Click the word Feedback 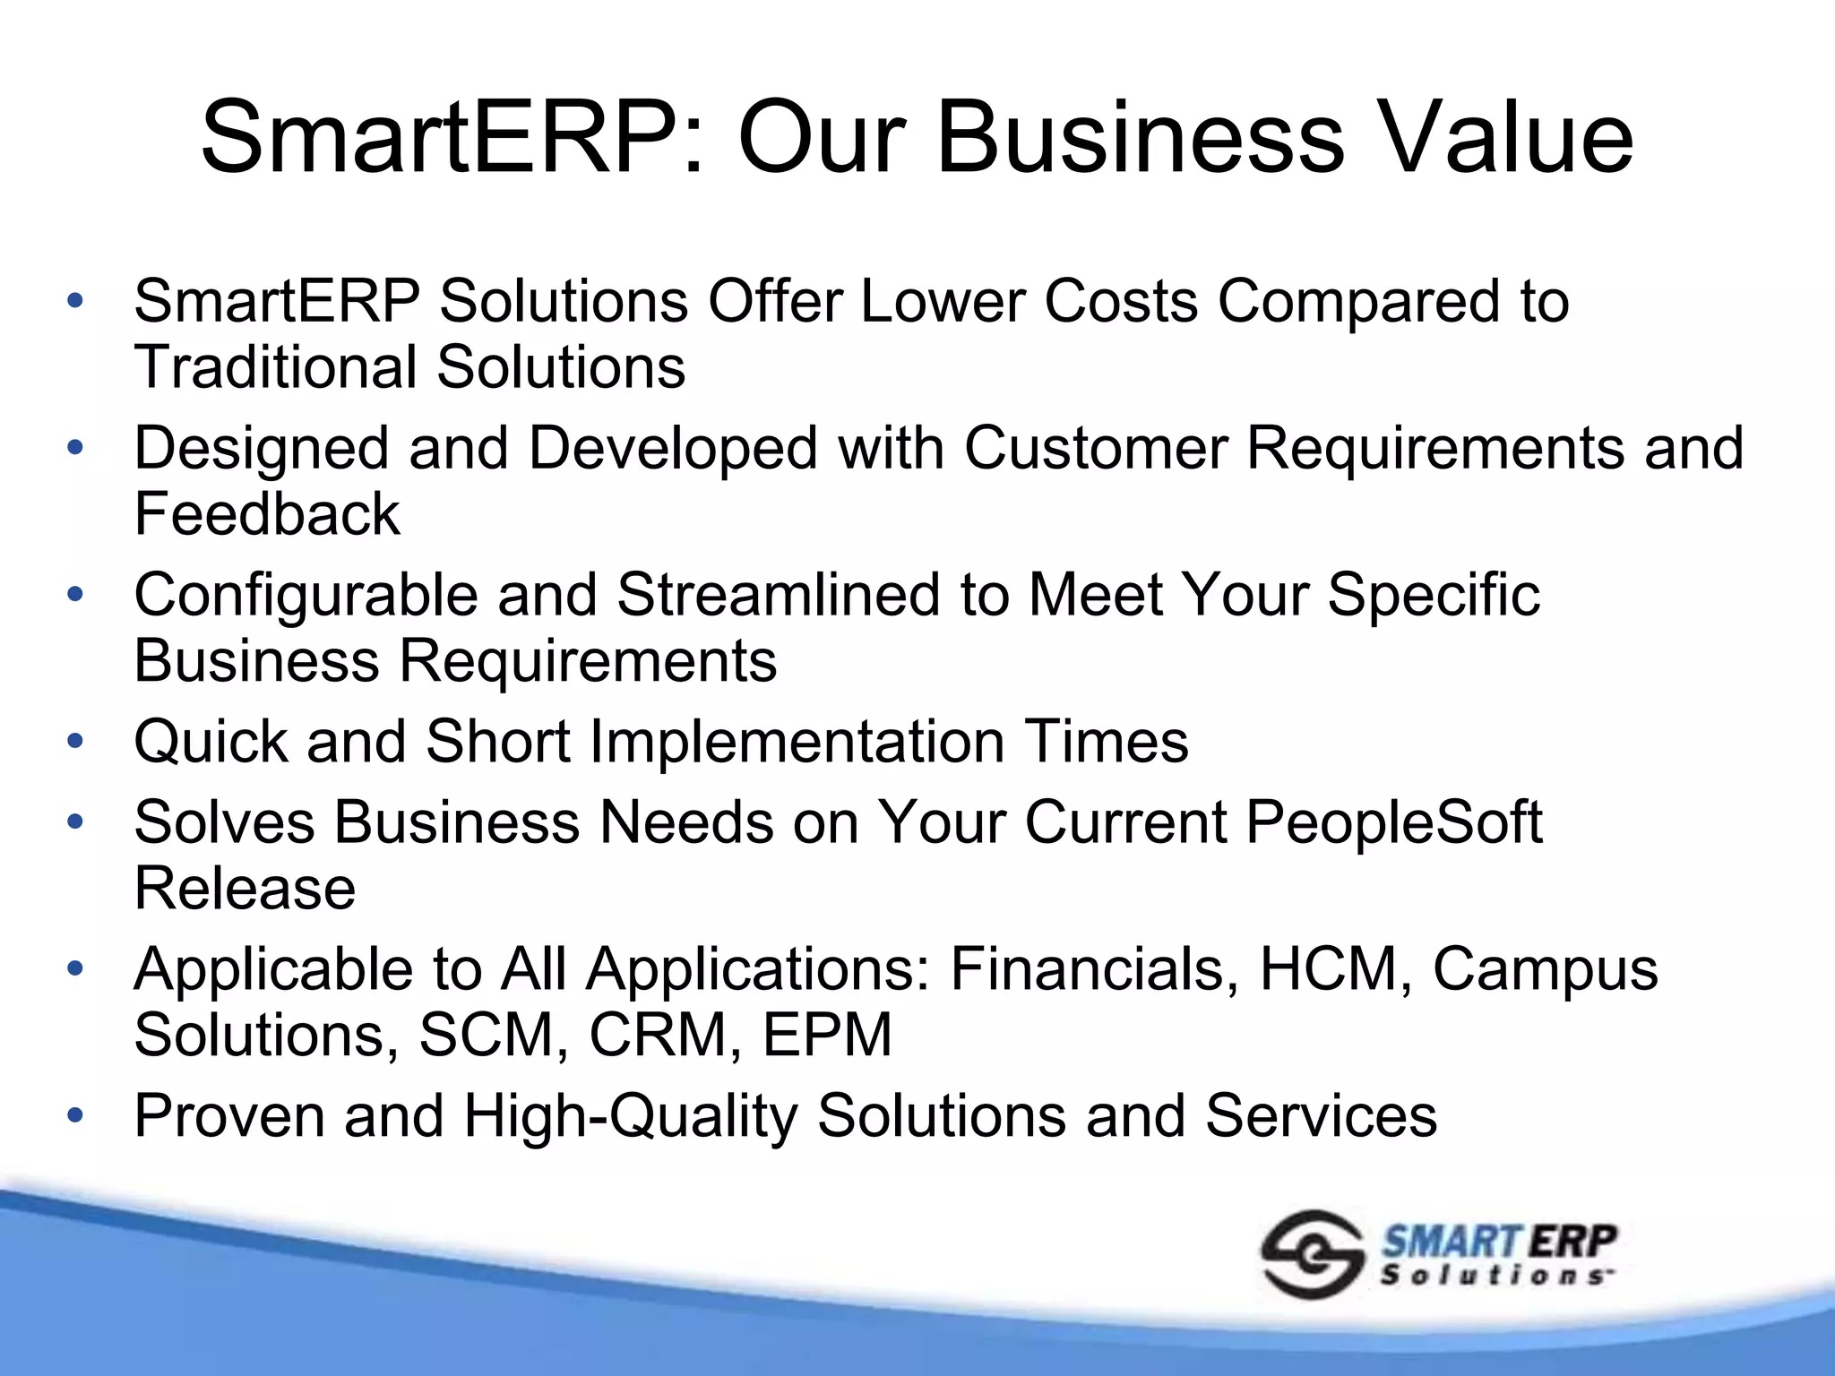[x=267, y=514]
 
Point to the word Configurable [x=306, y=596]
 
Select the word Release [x=245, y=889]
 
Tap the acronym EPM [x=827, y=1036]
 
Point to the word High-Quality [x=630, y=1117]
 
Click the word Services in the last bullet [x=1321, y=1116]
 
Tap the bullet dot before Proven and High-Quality [x=75, y=1116]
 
